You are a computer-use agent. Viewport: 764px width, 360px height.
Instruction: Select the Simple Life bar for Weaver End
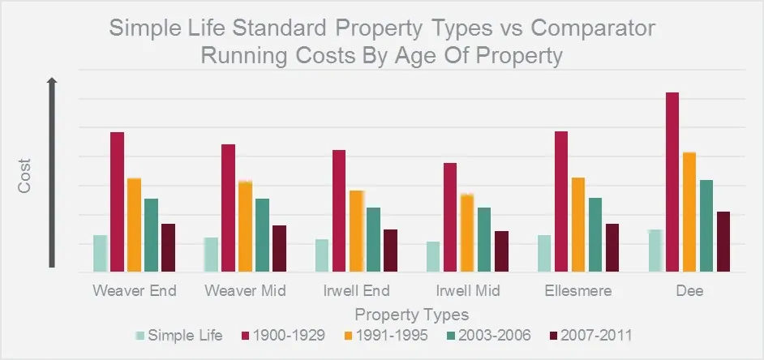(100, 253)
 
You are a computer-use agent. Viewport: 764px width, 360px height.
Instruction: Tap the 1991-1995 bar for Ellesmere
(578, 225)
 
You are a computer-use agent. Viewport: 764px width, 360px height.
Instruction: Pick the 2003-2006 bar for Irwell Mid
(484, 239)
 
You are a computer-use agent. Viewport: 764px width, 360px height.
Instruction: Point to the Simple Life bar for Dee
(655, 251)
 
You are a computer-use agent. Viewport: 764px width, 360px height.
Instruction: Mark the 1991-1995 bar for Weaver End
(134, 225)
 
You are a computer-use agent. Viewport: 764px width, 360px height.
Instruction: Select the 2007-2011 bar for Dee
(723, 242)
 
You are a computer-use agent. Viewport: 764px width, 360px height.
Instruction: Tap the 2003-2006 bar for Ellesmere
(595, 234)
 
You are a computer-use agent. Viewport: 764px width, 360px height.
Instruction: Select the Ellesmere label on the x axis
(579, 291)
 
